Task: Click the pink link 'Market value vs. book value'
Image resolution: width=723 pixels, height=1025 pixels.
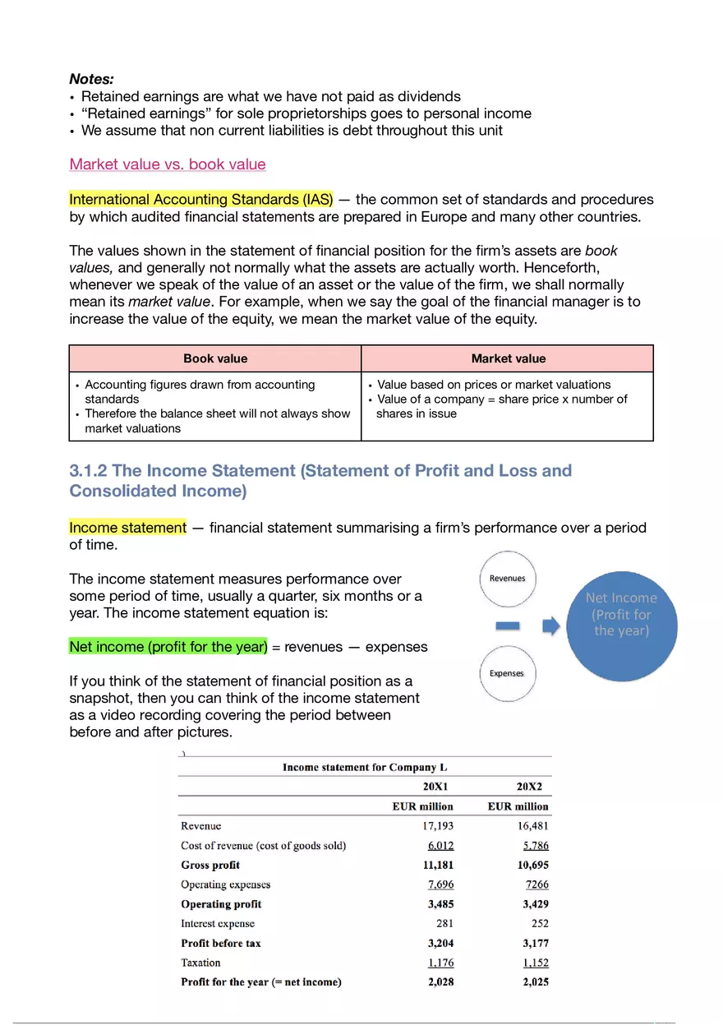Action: click(168, 164)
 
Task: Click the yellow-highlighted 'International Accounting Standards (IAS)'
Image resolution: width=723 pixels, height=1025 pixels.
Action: click(201, 200)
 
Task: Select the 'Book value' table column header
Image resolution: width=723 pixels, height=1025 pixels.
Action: click(215, 358)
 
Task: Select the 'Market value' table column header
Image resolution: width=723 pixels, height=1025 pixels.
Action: click(508, 358)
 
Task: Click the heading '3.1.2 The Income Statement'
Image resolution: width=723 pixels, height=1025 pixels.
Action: click(320, 471)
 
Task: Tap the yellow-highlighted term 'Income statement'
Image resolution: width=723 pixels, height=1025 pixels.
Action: click(128, 528)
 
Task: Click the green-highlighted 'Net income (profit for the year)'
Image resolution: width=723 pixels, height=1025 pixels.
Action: click(168, 647)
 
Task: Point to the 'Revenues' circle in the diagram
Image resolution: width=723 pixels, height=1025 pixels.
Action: click(507, 579)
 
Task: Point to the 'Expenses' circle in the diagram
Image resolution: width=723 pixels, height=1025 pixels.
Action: click(507, 673)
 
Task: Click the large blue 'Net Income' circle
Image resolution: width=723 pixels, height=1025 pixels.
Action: click(621, 615)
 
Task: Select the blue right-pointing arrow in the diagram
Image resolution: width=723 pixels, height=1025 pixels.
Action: click(550, 627)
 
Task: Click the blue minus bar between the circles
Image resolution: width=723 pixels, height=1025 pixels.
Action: click(509, 626)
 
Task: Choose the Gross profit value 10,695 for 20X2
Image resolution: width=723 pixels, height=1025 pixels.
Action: click(533, 865)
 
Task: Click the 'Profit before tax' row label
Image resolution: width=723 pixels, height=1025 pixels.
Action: click(221, 944)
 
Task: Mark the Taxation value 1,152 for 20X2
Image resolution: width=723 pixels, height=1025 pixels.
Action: click(535, 963)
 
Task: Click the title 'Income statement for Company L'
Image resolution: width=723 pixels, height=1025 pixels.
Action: click(365, 767)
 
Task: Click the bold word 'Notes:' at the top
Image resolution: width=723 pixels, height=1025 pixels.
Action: click(91, 79)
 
